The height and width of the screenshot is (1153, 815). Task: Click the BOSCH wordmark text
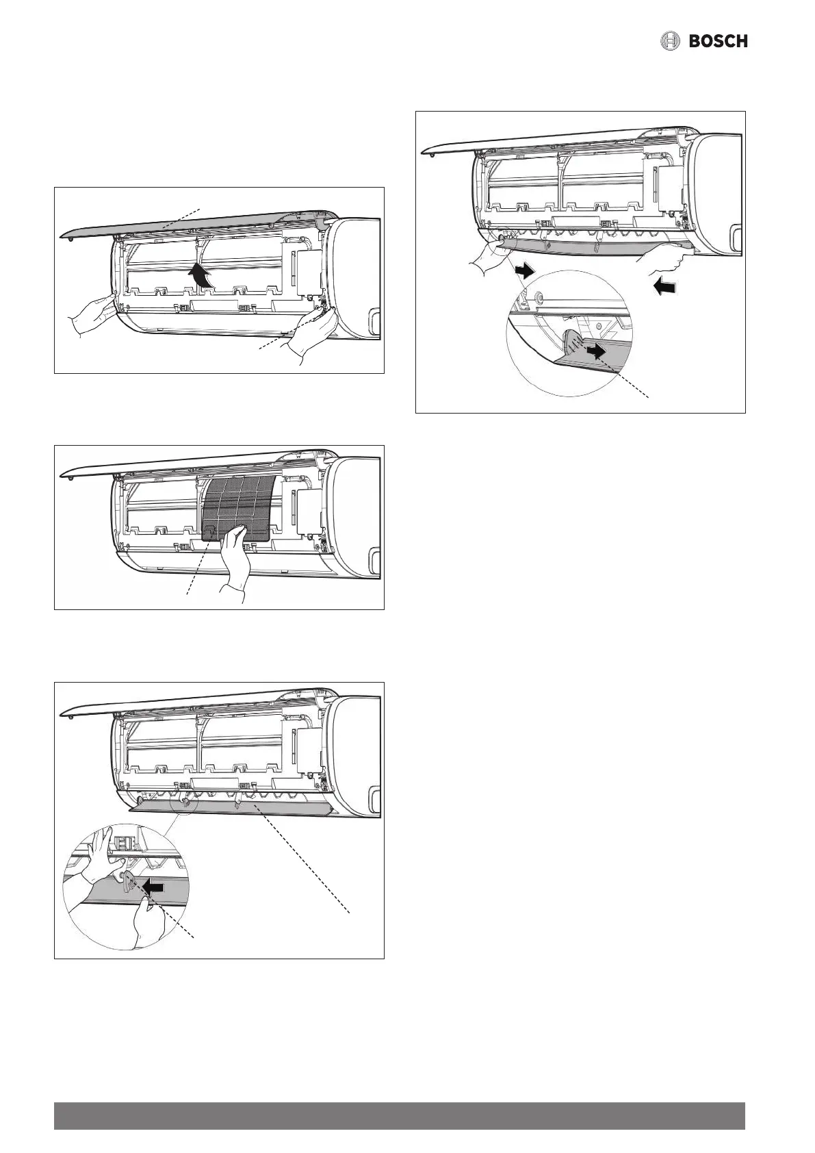(718, 41)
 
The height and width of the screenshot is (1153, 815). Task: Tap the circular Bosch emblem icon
(670, 41)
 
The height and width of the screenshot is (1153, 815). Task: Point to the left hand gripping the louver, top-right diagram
(487, 257)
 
